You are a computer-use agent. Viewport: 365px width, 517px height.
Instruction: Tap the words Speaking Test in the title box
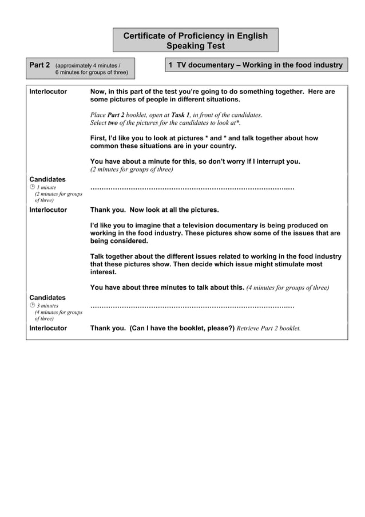[195, 46]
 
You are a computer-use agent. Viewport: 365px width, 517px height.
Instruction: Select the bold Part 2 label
[39, 65]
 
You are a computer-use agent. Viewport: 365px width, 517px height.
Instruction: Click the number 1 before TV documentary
[170, 65]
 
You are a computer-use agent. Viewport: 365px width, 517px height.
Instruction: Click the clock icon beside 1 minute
[32, 188]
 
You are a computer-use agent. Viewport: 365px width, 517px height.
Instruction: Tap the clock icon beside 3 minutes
[32, 306]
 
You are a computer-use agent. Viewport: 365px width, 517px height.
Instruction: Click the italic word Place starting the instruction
[98, 115]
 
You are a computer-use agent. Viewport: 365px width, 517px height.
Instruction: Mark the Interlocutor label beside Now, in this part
[48, 92]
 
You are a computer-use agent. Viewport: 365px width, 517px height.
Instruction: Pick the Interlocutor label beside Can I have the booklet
[48, 329]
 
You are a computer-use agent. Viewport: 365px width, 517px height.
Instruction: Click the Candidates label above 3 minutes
[47, 298]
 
